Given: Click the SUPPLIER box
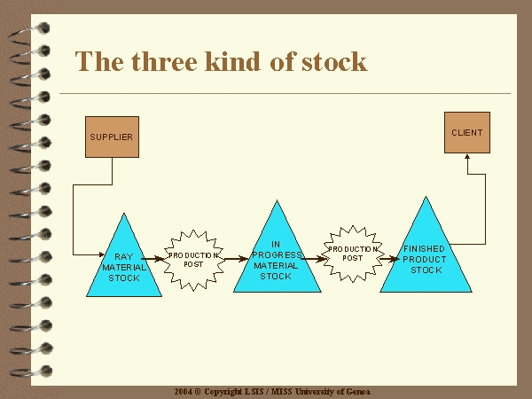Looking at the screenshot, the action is (112, 137).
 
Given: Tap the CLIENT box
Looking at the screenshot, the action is (467, 133).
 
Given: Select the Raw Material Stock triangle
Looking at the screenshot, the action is (124, 264).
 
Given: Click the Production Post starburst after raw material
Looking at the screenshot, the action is (193, 260).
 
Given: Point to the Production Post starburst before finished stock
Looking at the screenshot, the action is (353, 254).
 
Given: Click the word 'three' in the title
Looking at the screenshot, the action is (164, 62).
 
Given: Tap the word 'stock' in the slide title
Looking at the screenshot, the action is (334, 62).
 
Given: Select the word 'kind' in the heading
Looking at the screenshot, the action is (232, 62).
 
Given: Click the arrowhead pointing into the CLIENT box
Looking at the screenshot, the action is (467, 157).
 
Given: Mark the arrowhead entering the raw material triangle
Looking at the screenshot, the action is (102, 254).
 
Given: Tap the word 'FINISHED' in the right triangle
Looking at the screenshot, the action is (424, 248).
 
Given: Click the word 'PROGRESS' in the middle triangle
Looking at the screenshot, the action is (277, 254).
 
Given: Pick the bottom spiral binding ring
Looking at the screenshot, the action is (31, 372).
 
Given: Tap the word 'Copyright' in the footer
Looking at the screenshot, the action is (223, 392).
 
